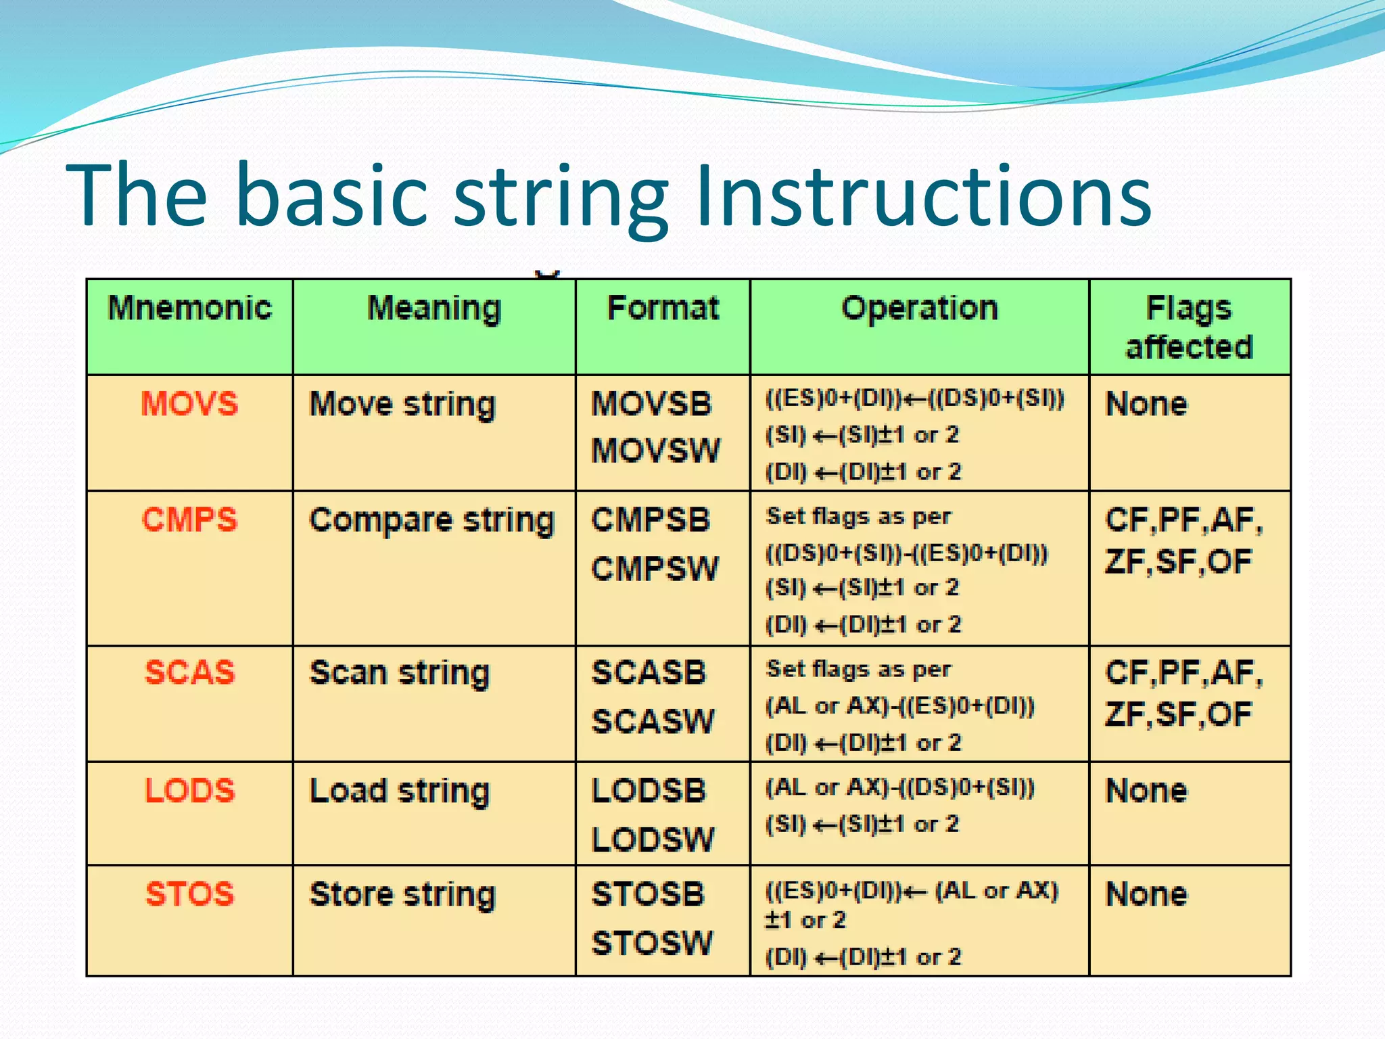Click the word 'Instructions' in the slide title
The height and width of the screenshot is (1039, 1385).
(923, 196)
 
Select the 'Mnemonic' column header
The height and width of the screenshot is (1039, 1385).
(190, 308)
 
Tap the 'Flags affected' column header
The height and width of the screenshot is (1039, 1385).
(1189, 327)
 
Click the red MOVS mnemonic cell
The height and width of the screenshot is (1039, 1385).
(190, 404)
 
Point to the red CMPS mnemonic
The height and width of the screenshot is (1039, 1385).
(190, 520)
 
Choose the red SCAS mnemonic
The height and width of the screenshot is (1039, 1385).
(190, 672)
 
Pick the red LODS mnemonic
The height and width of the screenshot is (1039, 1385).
(190, 790)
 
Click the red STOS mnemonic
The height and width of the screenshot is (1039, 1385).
(190, 894)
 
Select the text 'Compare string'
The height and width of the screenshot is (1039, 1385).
(431, 521)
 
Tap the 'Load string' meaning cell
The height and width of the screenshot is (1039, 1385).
(399, 791)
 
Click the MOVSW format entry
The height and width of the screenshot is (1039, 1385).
(655, 451)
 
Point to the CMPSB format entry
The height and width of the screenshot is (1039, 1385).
(651, 520)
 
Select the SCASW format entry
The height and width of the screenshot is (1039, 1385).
(653, 721)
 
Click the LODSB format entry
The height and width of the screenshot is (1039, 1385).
(649, 790)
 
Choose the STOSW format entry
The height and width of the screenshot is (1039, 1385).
(652, 942)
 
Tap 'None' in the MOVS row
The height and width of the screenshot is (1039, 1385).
(1146, 405)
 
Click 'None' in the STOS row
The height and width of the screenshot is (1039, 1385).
(1146, 894)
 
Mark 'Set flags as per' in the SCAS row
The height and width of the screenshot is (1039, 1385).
(858, 669)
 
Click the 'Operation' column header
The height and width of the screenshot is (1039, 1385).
(919, 308)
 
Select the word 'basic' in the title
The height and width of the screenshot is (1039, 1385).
(332, 196)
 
